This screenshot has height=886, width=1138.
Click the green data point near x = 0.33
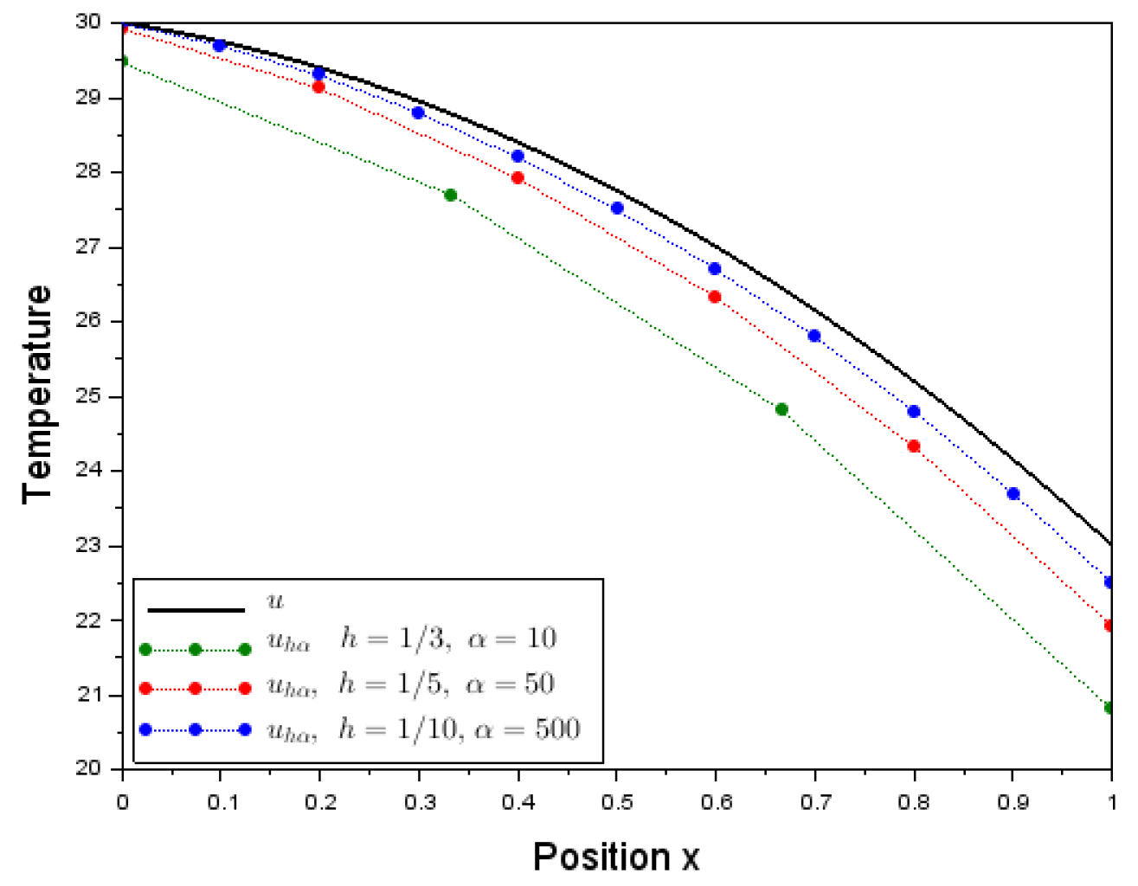[450, 196]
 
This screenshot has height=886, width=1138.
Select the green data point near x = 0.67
[781, 409]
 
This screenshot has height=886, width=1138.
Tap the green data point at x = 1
[1109, 708]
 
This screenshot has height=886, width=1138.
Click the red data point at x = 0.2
[318, 87]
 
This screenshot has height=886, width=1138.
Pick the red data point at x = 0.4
[518, 178]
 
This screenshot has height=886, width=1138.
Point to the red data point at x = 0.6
[715, 297]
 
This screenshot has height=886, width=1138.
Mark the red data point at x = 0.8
[913, 446]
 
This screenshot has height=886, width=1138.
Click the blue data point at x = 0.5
[617, 209]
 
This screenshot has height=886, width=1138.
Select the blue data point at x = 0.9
[1013, 494]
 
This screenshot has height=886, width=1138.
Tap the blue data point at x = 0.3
[418, 113]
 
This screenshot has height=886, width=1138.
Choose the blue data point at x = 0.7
[813, 336]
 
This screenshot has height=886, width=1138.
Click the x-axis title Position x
[615, 857]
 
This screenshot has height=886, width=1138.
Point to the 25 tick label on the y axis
[88, 396]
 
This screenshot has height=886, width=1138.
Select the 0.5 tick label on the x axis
[617, 803]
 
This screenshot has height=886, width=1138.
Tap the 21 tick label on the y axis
[88, 695]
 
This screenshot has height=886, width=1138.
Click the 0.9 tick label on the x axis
[1013, 803]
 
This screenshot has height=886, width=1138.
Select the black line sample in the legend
[196, 610]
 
